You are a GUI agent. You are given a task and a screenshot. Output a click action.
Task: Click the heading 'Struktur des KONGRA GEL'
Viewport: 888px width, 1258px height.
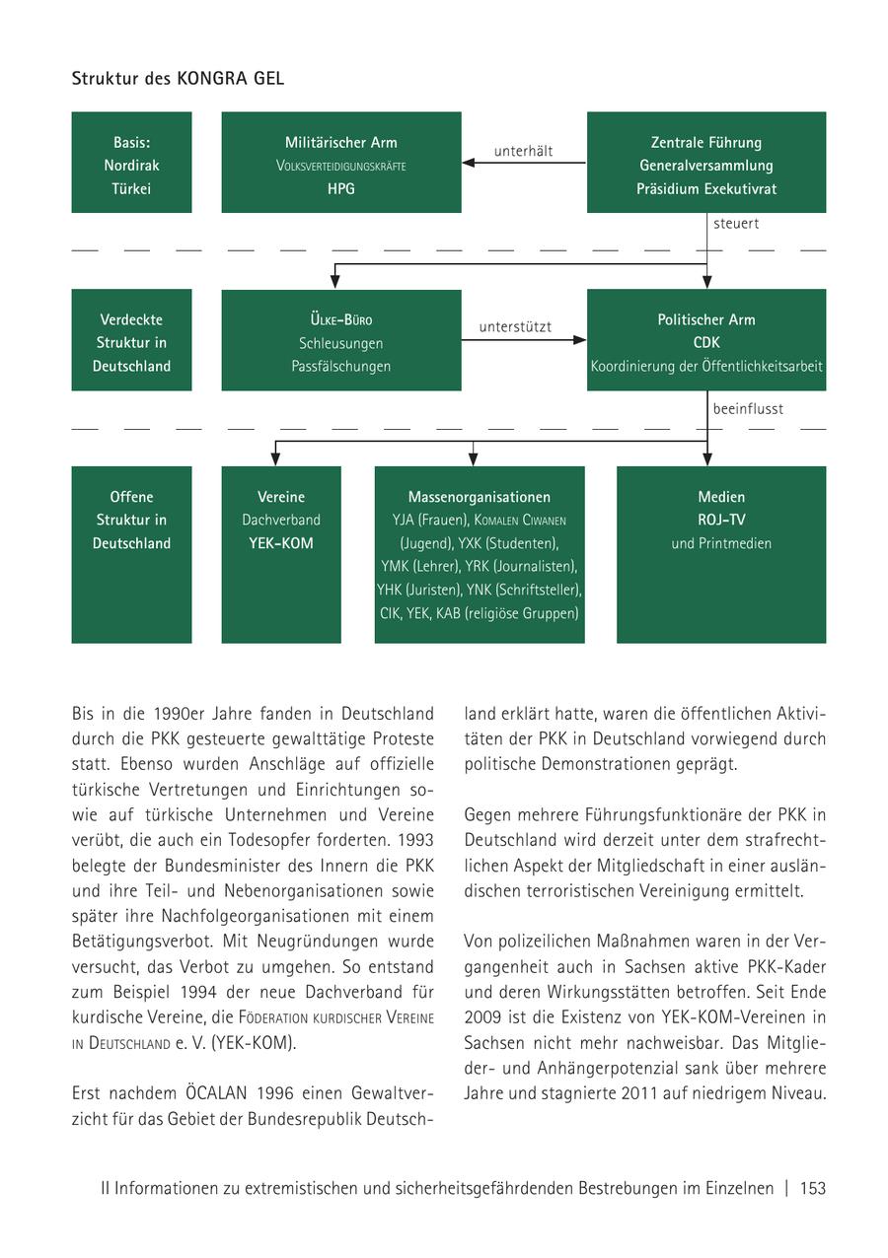178,78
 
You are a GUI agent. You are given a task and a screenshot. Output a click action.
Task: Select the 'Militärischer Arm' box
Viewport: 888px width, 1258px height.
340,162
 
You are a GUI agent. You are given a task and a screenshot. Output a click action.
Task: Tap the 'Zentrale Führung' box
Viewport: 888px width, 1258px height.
705,162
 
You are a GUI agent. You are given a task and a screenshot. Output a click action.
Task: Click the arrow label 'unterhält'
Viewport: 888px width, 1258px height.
523,151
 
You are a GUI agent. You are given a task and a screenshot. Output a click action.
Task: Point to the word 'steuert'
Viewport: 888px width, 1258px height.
736,224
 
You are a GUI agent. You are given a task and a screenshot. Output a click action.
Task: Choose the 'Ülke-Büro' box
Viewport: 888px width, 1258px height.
340,339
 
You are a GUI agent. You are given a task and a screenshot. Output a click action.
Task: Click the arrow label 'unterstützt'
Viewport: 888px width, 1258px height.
515,327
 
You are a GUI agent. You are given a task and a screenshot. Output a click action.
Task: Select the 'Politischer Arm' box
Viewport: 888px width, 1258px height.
705,339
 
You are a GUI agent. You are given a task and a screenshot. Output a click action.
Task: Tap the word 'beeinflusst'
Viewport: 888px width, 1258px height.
748,408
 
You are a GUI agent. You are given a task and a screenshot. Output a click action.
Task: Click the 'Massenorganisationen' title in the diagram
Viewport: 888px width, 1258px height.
480,497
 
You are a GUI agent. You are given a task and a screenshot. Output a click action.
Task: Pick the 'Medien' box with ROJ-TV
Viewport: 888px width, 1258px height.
721,554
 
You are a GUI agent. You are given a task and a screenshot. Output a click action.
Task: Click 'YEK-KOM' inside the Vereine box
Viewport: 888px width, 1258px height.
281,543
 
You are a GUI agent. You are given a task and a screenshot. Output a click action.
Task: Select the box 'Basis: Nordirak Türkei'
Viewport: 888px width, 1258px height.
131,162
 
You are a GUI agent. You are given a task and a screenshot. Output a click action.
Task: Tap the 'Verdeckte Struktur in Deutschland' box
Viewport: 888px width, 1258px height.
131,339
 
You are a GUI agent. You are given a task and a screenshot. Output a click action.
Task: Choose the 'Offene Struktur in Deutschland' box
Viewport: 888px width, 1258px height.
131,554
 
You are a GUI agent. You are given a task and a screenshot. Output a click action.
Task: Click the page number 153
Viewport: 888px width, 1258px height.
813,1189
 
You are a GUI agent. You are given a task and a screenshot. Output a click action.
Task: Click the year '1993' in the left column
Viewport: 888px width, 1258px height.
414,840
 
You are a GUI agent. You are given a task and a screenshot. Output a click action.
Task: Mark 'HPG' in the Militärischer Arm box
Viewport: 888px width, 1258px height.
340,188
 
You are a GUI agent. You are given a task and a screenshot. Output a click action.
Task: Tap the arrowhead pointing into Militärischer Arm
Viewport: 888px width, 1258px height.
469,163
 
